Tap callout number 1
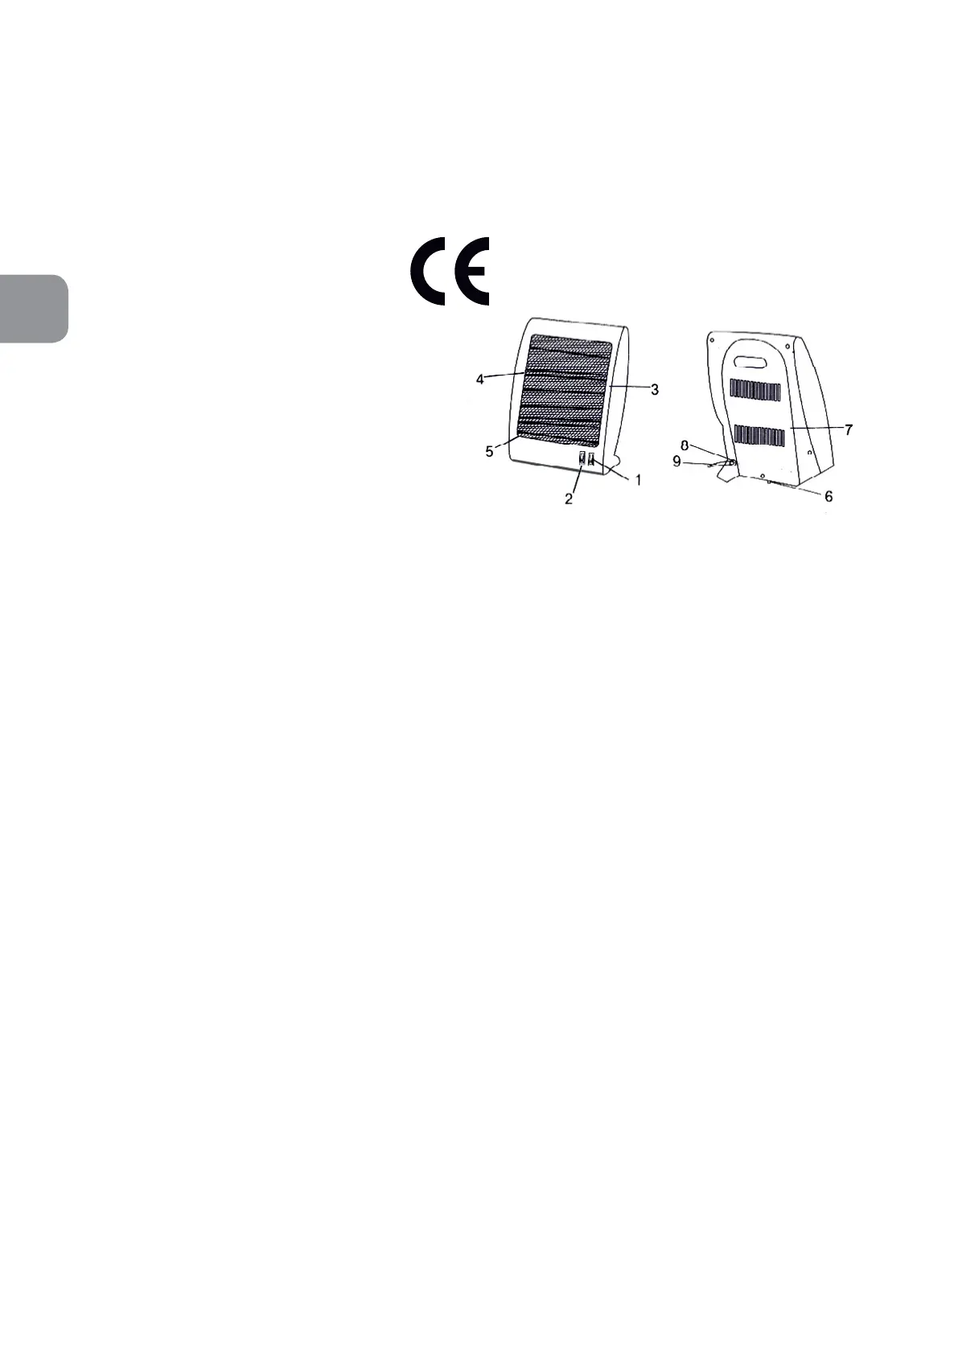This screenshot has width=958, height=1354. tap(639, 480)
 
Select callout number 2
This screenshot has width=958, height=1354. tap(569, 499)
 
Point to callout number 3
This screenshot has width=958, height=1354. tap(655, 389)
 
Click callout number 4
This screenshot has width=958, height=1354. tap(480, 379)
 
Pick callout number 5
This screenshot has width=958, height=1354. tap(489, 452)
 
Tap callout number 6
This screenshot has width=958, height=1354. tap(828, 496)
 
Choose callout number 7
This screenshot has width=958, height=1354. tap(849, 429)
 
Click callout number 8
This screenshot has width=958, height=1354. tap(685, 445)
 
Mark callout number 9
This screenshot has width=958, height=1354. tap(676, 462)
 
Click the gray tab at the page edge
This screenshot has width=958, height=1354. tap(33, 309)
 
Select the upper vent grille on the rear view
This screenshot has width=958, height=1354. tap(755, 392)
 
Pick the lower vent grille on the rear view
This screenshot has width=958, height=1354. tap(759, 436)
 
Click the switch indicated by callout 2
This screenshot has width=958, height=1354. tap(582, 459)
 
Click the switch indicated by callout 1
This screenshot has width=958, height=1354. tap(591, 459)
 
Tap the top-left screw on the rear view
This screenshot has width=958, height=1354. tap(712, 339)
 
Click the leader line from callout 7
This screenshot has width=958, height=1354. tap(816, 429)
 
